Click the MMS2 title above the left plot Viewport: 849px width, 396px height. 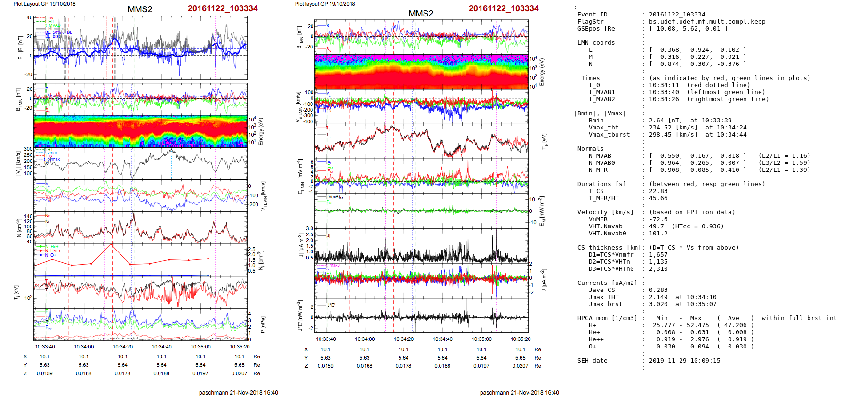[140, 9]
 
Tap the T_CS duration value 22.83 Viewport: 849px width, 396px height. [658, 191]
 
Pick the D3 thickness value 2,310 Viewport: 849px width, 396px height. [658, 269]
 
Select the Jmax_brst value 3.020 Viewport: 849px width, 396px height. [658, 304]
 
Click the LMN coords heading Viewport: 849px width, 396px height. [596, 43]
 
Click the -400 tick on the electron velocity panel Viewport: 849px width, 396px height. [308, 122]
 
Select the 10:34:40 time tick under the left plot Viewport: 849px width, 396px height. [161, 347]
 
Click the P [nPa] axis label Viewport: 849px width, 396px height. [263, 324]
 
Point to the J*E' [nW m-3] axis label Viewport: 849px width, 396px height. [300, 315]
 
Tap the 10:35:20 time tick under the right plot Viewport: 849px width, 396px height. [520, 339]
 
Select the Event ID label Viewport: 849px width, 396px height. [592, 15]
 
